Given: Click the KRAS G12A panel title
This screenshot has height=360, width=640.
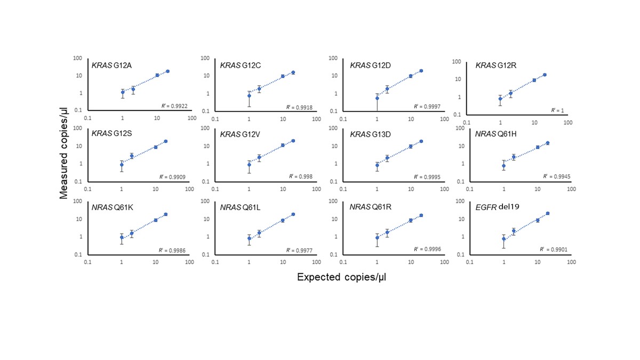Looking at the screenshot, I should (111, 66).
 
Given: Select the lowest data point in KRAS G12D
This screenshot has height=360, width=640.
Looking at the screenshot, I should (377, 98).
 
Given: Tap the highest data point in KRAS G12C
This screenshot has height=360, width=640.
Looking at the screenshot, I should (293, 73).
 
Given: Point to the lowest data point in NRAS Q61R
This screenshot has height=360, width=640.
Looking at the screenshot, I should (377, 238).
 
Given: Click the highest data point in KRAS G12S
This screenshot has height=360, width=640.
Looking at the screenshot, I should (166, 141).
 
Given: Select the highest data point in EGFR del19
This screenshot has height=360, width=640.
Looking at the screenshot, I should (548, 213).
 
